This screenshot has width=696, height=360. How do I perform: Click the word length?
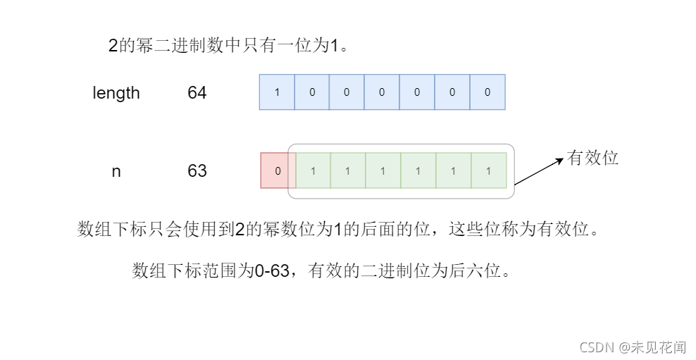point(116,93)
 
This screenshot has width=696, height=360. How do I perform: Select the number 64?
point(197,93)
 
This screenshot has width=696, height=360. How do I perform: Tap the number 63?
point(197,171)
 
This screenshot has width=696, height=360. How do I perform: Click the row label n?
point(116,171)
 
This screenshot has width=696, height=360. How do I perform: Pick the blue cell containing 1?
point(277,92)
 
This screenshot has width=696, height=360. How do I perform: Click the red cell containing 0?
point(278,171)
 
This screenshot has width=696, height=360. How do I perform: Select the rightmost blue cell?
point(487,92)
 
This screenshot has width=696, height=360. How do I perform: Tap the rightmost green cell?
point(488,171)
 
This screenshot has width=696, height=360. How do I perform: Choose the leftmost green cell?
point(313,171)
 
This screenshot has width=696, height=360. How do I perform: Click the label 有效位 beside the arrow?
point(592,158)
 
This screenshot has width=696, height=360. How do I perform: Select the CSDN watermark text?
point(597,347)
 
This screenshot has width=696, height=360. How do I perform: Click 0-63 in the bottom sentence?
point(271,271)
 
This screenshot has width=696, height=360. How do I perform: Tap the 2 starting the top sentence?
point(113,46)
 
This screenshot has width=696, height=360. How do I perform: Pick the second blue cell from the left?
point(312,92)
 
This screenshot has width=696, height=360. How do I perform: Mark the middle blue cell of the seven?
point(383,92)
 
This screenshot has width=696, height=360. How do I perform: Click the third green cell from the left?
point(383,171)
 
